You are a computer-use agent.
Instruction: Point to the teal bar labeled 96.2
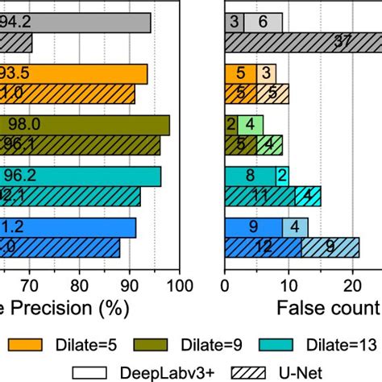pyautogui.click(x=81, y=176)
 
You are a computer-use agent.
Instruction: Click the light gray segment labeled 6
pyautogui.click(x=264, y=23)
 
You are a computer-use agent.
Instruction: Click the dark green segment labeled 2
pyautogui.click(x=230, y=125)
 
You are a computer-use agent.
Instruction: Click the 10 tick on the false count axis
pyautogui.click(x=289, y=284)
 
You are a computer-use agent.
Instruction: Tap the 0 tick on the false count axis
pyautogui.click(x=225, y=284)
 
